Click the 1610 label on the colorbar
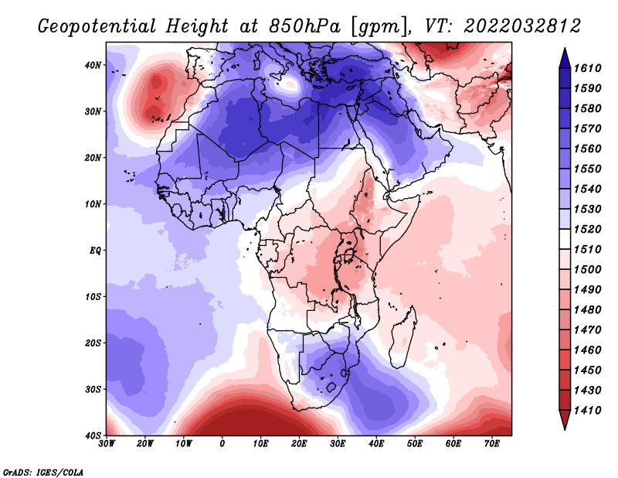pyautogui.click(x=587, y=68)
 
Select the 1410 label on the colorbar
pyautogui.click(x=587, y=411)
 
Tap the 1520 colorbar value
pyautogui.click(x=587, y=229)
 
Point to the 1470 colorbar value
pyautogui.click(x=587, y=330)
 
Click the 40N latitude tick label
pyautogui.click(x=93, y=65)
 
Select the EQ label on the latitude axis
pyautogui.click(x=95, y=251)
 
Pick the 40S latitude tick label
pyautogui.click(x=93, y=435)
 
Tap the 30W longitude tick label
pyautogui.click(x=107, y=444)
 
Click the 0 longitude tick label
pyautogui.click(x=222, y=444)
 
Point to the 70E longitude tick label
pyautogui.click(x=492, y=444)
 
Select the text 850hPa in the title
pyautogui.click(x=304, y=26)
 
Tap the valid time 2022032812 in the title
pyautogui.click(x=522, y=26)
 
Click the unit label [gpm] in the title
pyautogui.click(x=379, y=27)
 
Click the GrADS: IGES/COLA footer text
pyautogui.click(x=43, y=472)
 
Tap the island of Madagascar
pyautogui.click(x=402, y=340)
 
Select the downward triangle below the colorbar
pyautogui.click(x=565, y=420)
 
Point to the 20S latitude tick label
pyautogui.click(x=93, y=343)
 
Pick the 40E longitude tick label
pyautogui.click(x=376, y=444)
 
